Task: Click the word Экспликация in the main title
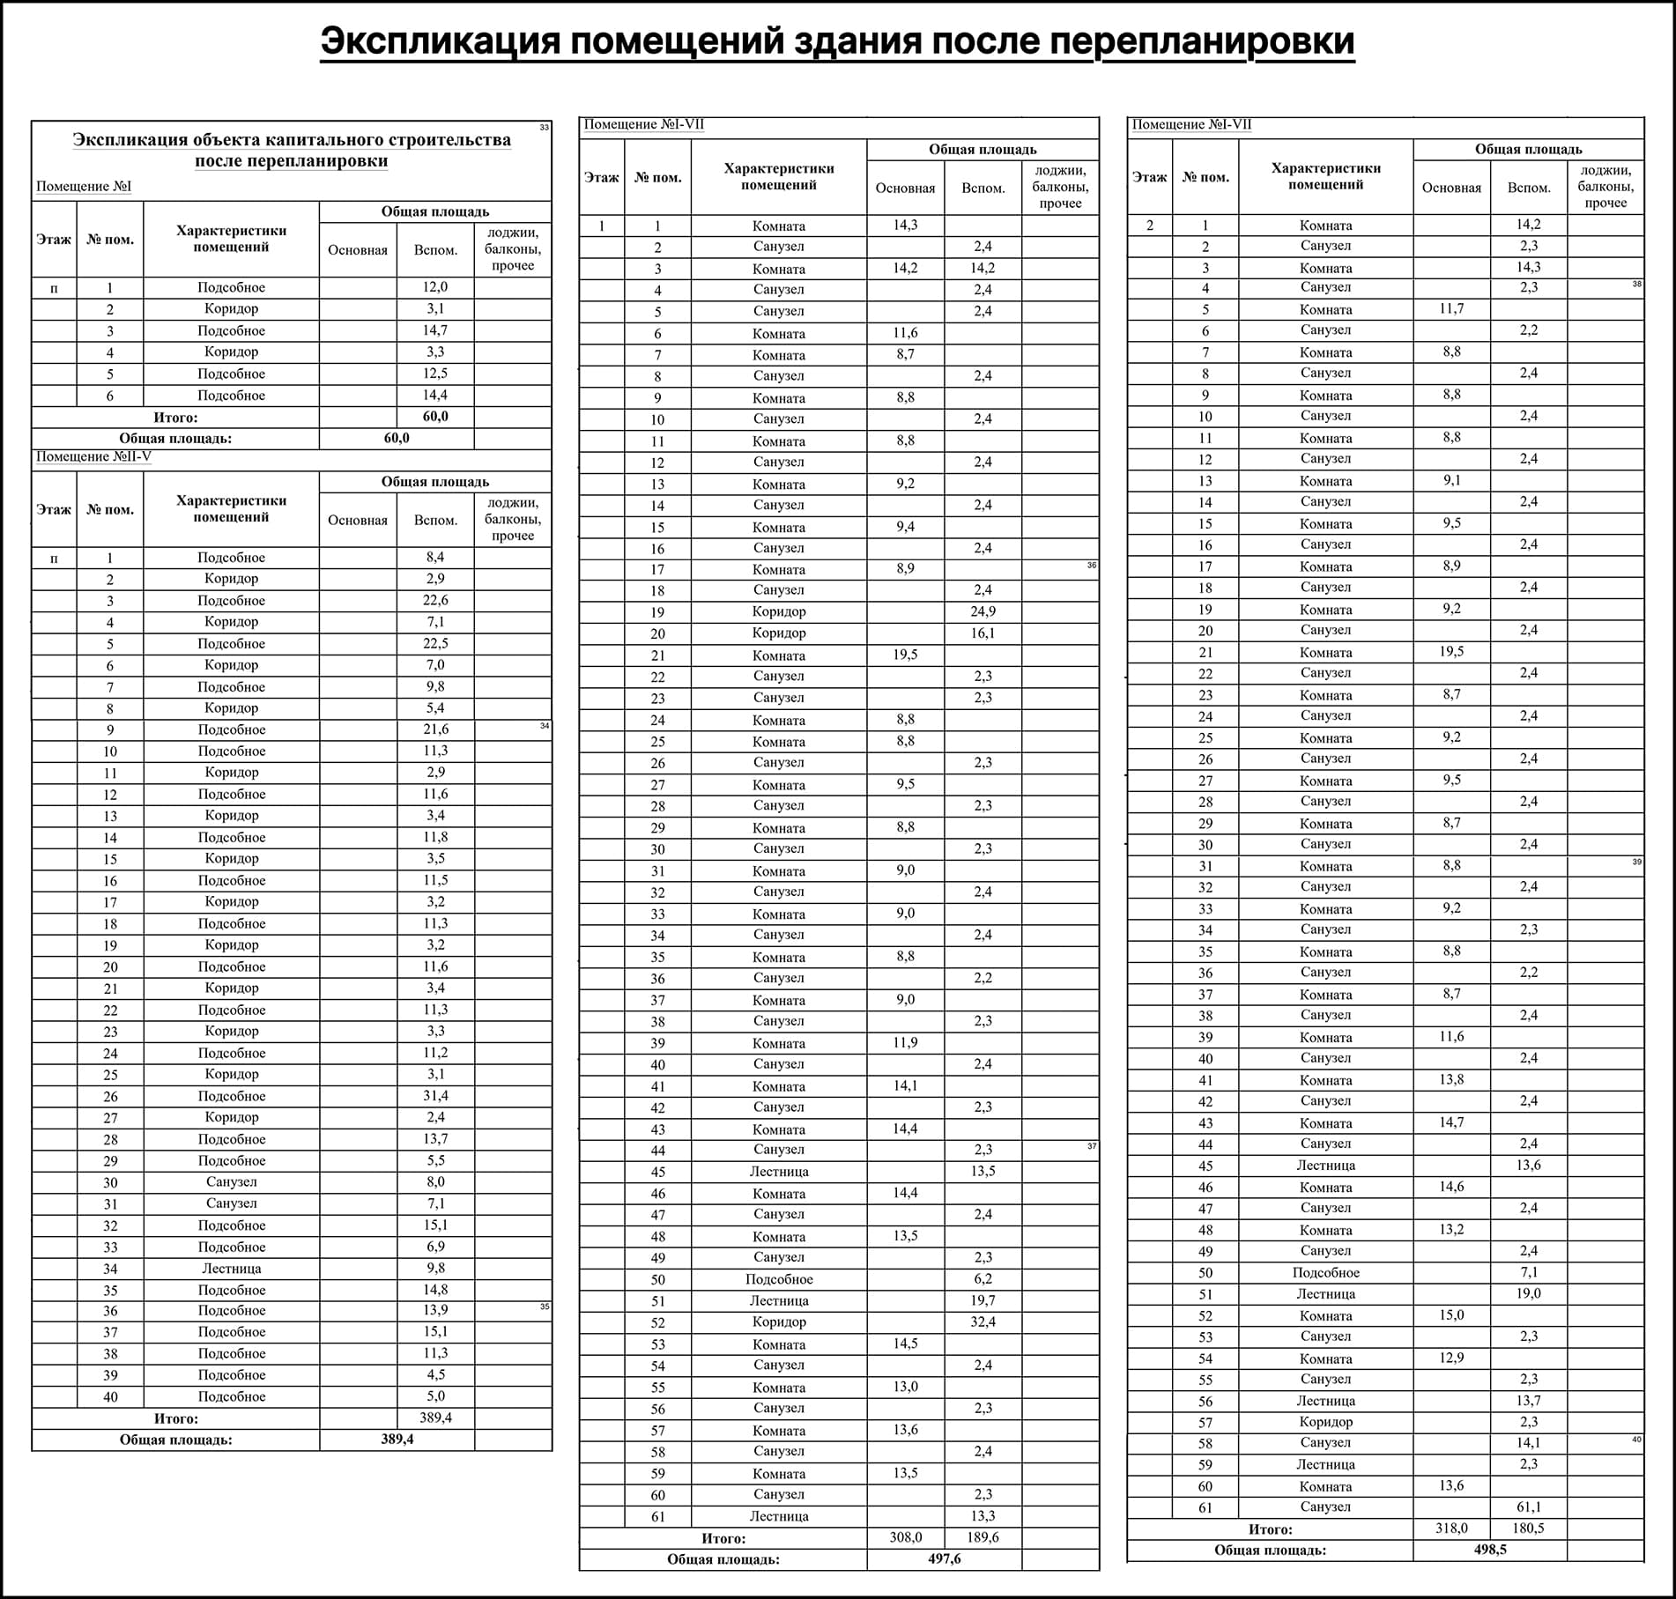440,41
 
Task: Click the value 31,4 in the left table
435,1096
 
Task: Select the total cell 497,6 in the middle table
944,1558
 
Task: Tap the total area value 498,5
1489,1550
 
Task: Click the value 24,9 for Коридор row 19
983,611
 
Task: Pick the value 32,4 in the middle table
983,1321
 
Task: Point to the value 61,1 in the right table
1528,1506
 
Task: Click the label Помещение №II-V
93,456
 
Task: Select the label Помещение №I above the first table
84,187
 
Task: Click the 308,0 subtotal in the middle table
906,1536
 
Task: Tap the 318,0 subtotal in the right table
1451,1528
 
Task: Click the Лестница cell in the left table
231,1269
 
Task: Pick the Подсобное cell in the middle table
779,1279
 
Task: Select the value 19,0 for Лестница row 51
1528,1293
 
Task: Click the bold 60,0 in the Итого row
435,416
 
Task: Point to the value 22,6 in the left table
435,600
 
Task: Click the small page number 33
544,128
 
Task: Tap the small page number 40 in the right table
1636,1440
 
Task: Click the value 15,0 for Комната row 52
1451,1315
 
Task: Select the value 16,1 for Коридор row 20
983,633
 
